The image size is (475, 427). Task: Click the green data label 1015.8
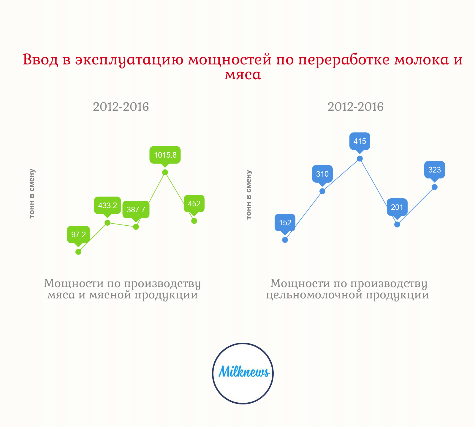coord(165,155)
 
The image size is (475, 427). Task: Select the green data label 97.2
coord(78,235)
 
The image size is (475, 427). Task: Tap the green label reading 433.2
coord(107,205)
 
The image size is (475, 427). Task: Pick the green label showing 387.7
coord(136,210)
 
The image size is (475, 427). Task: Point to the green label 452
coord(194,204)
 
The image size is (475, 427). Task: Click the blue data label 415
coord(360,141)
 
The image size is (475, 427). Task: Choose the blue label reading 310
coord(322,174)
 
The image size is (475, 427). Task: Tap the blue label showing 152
coord(285,223)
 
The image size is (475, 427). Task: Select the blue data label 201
coord(397,207)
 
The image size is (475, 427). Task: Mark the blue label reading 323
coord(435,170)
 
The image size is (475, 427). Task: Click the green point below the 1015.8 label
coord(165,172)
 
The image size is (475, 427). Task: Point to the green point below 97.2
coord(78,252)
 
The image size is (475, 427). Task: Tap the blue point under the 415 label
coord(360,159)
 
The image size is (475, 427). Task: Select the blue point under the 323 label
coord(435,187)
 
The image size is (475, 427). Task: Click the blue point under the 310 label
coord(322,191)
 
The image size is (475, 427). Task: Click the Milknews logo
coord(243,374)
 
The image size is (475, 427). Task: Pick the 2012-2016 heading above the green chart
coord(121,107)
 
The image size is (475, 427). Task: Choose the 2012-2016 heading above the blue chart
coord(356,107)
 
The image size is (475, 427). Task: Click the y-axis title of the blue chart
coord(249,195)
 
